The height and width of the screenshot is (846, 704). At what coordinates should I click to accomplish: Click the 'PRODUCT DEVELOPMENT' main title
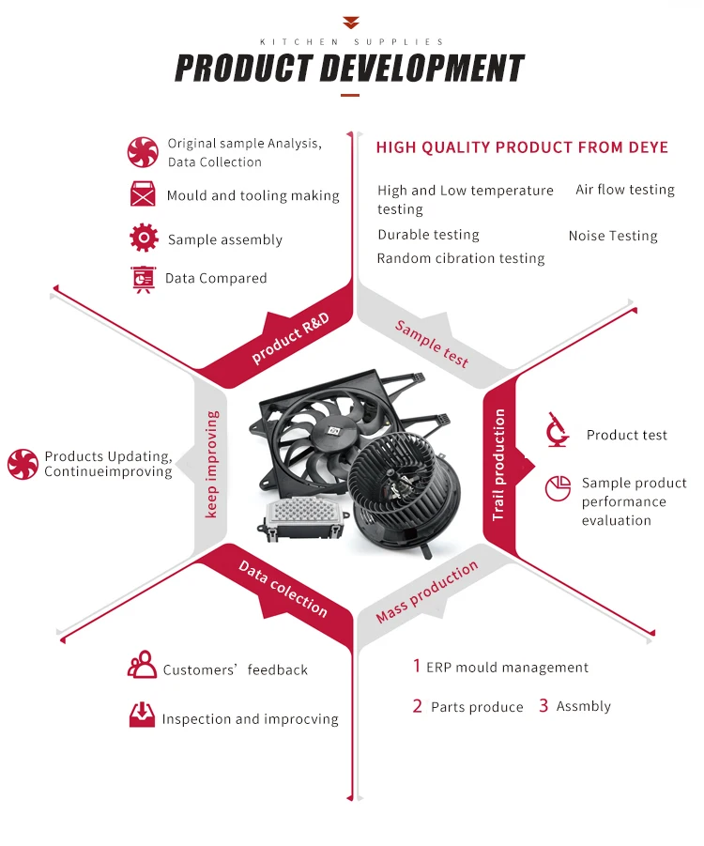349,69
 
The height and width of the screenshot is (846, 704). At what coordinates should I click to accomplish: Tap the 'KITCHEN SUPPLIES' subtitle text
351,42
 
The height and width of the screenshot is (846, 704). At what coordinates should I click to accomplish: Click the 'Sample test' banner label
432,344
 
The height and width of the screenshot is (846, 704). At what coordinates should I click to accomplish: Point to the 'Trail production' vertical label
499,465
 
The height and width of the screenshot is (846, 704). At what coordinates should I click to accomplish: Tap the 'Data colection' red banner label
283,589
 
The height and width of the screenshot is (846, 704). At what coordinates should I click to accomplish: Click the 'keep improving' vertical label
212,464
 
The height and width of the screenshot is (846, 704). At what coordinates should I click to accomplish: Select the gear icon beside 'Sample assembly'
144,238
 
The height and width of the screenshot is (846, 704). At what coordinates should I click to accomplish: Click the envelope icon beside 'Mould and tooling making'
143,194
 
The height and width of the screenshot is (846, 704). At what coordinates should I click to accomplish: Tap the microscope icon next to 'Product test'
558,431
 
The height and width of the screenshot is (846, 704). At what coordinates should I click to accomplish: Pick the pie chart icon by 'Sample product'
559,488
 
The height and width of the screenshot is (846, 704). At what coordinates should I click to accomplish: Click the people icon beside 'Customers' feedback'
142,666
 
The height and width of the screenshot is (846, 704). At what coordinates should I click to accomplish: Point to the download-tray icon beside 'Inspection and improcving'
142,715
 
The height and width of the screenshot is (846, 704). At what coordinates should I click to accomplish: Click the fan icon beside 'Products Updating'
23,464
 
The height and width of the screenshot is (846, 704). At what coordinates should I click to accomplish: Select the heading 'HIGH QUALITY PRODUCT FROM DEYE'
522,147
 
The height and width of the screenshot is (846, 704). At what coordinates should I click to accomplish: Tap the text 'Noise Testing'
613,237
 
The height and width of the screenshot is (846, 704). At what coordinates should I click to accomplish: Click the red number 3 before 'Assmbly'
543,705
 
